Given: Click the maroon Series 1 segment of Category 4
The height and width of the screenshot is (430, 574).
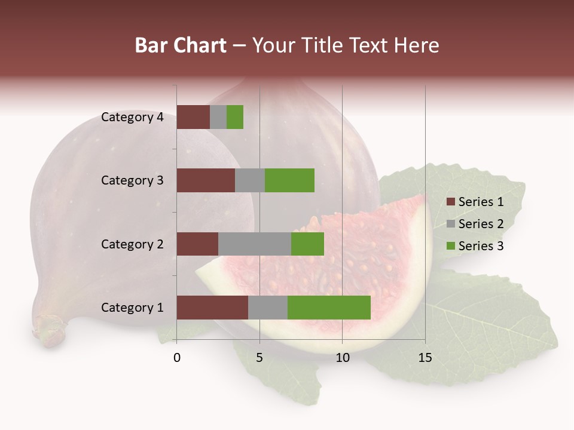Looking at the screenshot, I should coord(193,117).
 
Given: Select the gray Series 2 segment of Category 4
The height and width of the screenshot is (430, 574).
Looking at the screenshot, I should coord(218,117).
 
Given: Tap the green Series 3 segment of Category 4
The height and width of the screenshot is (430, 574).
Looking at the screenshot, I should coord(235,117).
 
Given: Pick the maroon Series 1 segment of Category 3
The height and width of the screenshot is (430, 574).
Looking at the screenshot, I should coord(206,180).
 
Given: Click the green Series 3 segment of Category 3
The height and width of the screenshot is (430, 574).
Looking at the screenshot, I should coord(289,180).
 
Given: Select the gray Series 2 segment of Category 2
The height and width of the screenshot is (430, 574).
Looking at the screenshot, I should coord(255,244).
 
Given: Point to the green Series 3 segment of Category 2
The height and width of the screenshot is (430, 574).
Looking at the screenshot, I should coord(307,244).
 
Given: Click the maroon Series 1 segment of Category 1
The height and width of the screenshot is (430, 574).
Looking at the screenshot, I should coord(212,308).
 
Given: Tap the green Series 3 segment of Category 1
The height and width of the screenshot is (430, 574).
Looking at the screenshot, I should coord(329,308).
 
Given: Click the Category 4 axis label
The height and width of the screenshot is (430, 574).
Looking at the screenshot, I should coord(132,117).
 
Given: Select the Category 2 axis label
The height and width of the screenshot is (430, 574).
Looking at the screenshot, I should coord(132,244).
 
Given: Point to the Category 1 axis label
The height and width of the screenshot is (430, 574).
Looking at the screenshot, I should coord(132,308).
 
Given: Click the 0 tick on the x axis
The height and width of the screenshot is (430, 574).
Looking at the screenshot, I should coord(177,358).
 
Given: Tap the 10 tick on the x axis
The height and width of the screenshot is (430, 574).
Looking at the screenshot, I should coord(342,358).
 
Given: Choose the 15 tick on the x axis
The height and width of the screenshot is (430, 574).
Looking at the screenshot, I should coord(425,358).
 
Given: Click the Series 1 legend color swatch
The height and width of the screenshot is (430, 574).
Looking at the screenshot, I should coord(451,202).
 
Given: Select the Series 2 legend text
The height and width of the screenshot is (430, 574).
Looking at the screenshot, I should coord(481,224).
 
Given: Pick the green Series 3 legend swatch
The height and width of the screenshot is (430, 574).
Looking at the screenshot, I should coord(451,246).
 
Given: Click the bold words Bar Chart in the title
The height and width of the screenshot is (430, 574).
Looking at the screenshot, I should coord(181,45).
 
